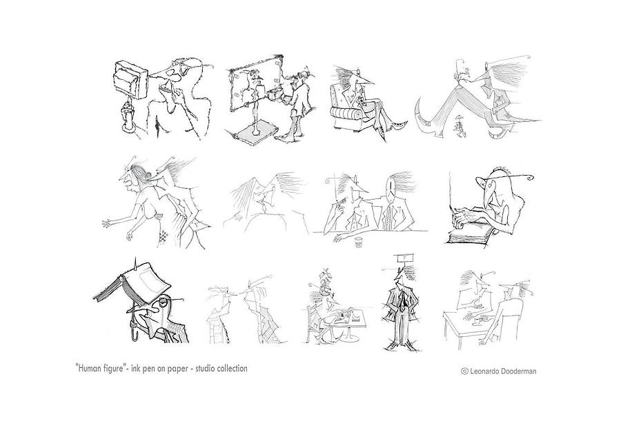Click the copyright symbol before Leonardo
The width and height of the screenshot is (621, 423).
coord(464,371)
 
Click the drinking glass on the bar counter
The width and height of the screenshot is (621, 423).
coord(359,243)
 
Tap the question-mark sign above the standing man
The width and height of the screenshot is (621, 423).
coord(404,258)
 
